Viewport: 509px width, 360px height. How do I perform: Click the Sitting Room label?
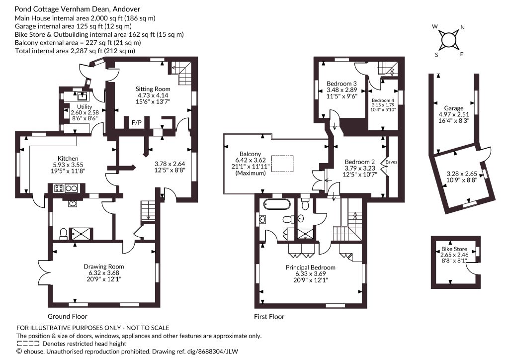pos(153,89)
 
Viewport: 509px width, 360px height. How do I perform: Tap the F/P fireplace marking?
pos(136,123)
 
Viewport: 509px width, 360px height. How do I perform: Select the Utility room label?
pos(85,107)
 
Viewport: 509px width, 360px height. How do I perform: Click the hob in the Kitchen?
pos(59,188)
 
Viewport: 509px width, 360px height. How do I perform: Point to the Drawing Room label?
pos(104,267)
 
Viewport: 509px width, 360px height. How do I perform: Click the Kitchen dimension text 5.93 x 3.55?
pos(68,165)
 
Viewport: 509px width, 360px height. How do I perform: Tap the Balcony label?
pos(251,154)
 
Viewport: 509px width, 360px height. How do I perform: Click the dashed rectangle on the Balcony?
pos(282,164)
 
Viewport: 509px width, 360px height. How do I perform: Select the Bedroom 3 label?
pos(341,84)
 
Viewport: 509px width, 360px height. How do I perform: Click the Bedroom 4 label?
pos(383,100)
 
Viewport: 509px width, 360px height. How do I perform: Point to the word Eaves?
pos(391,162)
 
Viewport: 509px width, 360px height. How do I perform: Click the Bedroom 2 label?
pos(360,162)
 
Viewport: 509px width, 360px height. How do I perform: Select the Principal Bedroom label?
pos(310,268)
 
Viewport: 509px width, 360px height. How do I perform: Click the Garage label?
pos(454,108)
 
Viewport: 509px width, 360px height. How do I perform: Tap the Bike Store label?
pos(454,249)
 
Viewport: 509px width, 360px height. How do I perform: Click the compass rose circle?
pos(449,40)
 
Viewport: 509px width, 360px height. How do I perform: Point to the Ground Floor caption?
pos(68,316)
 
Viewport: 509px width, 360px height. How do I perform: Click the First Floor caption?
pos(269,317)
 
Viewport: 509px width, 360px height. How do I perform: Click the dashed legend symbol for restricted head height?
pos(28,344)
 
